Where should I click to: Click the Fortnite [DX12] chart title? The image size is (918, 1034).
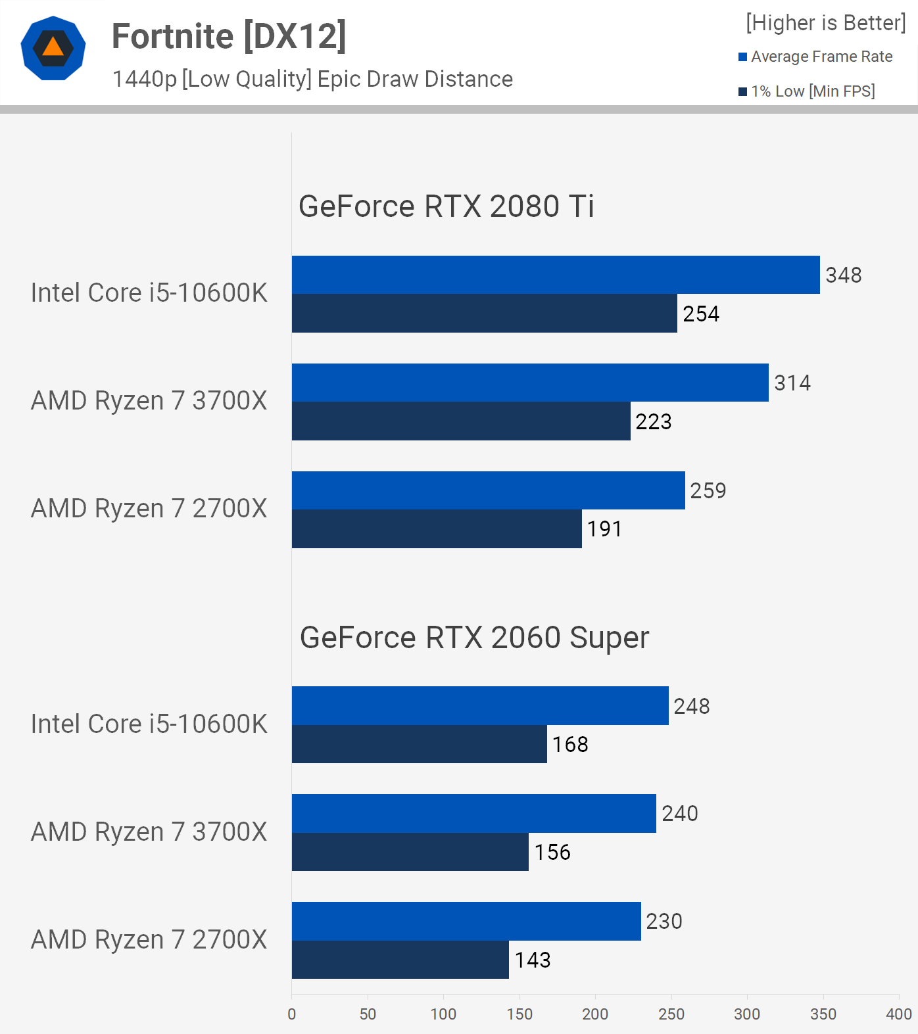point(229,36)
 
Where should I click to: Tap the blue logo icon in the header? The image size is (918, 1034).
point(53,49)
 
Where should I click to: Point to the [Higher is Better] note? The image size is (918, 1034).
point(825,23)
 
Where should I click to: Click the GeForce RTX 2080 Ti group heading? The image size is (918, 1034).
point(446,206)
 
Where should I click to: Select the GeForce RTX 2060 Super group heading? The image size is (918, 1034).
point(474,638)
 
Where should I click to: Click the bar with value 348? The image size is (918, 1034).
point(556,275)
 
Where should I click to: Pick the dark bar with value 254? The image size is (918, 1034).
point(484,314)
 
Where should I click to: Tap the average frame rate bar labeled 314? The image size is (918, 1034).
point(530,383)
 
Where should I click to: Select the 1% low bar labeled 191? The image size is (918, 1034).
point(437,529)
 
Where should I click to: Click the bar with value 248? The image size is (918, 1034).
point(480,706)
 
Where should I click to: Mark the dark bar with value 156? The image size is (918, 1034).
point(410,853)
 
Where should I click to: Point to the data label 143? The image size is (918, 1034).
point(533,960)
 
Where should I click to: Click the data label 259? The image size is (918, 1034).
point(708,490)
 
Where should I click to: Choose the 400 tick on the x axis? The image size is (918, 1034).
point(898,1014)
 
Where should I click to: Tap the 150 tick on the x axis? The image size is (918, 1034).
point(519,1014)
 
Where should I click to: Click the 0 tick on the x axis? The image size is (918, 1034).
point(292,1014)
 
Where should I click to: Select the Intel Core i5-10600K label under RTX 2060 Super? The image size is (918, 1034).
point(149,724)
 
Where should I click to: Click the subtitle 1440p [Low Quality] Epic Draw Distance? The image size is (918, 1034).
point(312,79)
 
